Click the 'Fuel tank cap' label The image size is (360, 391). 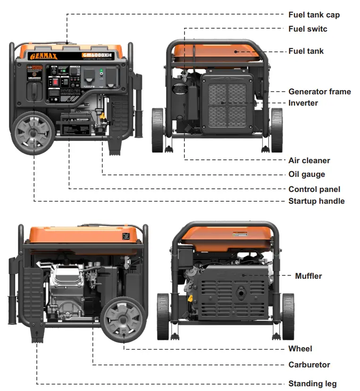314,15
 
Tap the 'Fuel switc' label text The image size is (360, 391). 308,29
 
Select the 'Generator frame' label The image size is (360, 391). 319,92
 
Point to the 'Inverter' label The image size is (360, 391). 303,103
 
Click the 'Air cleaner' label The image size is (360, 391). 309,160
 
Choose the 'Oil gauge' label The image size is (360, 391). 307,174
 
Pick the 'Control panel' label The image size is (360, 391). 314,189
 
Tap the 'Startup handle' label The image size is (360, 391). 316,201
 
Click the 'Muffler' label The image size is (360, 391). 308,276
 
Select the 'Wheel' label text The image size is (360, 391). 300,349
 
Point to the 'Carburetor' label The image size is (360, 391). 309,365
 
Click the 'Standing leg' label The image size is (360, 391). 312,383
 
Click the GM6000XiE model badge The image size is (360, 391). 97,55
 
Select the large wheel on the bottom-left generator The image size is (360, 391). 123,319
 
